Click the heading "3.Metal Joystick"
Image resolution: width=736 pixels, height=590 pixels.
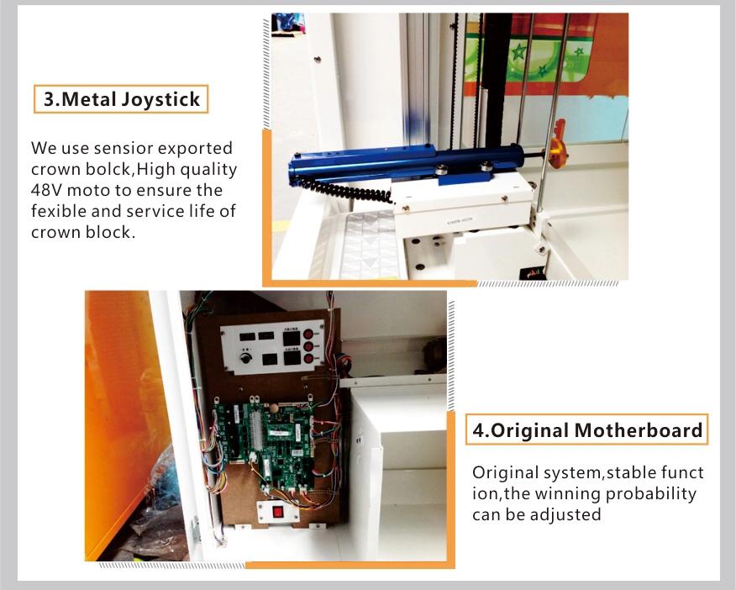[x=121, y=99]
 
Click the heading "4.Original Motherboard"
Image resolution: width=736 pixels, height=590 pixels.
[x=586, y=430]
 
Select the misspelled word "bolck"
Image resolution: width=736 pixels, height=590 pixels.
[x=109, y=169]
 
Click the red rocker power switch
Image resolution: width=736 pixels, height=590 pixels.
[x=278, y=511]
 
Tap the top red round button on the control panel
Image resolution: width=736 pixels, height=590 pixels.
[x=308, y=335]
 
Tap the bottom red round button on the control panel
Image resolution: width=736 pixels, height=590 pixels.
[x=308, y=359]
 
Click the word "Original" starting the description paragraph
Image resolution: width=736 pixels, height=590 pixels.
[x=505, y=472]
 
